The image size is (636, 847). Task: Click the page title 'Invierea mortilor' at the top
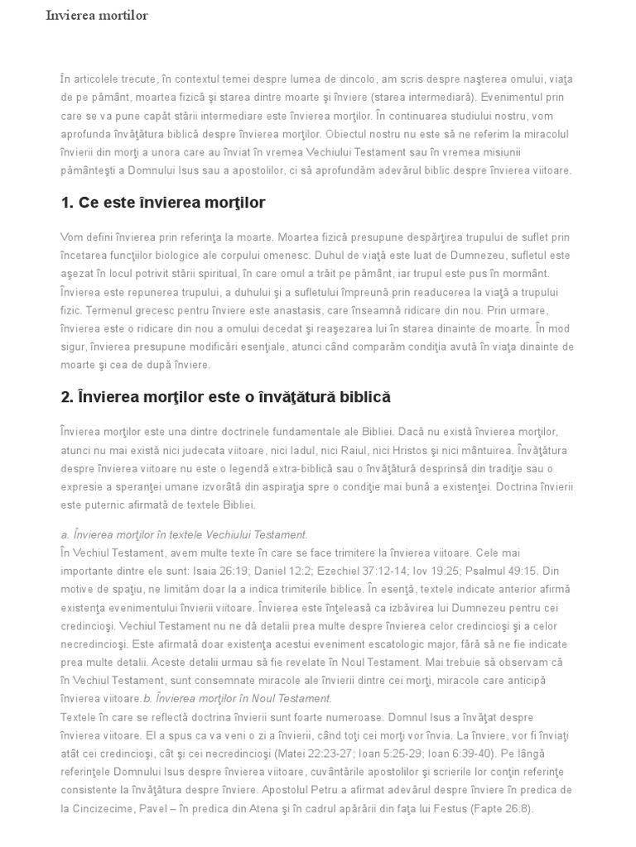97,16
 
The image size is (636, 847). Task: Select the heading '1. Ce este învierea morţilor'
163,203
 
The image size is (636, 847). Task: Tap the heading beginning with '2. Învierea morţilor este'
225,398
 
